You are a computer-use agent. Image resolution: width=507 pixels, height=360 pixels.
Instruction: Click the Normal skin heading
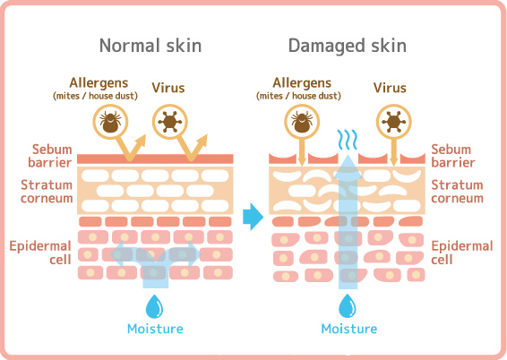pyautogui.click(x=150, y=46)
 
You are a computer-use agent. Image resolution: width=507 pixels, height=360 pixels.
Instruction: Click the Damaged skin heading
pyautogui.click(x=348, y=46)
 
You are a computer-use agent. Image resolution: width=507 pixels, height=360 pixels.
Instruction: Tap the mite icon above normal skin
pyautogui.click(x=110, y=122)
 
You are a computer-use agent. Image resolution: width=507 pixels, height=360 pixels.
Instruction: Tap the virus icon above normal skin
pyautogui.click(x=170, y=122)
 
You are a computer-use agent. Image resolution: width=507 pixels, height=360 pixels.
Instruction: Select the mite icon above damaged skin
pyautogui.click(x=302, y=122)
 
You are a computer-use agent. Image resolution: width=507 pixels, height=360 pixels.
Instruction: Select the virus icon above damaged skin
pyautogui.click(x=393, y=122)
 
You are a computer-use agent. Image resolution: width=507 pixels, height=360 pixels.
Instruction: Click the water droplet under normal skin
pyautogui.click(x=155, y=306)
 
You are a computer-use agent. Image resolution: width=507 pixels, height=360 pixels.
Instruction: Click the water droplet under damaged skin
pyautogui.click(x=348, y=306)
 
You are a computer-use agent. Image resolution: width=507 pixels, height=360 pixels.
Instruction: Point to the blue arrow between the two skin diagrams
pyautogui.click(x=253, y=217)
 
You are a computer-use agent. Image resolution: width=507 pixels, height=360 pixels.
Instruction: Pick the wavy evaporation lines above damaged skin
pyautogui.click(x=348, y=140)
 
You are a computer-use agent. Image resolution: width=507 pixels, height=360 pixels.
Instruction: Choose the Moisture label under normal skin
pyautogui.click(x=155, y=329)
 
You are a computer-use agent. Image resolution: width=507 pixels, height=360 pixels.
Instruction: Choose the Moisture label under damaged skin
pyautogui.click(x=349, y=329)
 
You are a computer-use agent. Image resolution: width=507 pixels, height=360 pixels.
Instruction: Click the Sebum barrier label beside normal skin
pyautogui.click(x=50, y=156)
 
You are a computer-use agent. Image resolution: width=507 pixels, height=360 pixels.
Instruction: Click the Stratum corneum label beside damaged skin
pyautogui.click(x=457, y=192)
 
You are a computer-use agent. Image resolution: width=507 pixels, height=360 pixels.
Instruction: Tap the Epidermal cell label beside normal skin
pyautogui.click(x=40, y=253)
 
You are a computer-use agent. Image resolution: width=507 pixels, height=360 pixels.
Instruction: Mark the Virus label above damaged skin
pyautogui.click(x=390, y=88)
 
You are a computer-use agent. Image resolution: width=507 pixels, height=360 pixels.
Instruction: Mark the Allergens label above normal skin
pyautogui.click(x=99, y=82)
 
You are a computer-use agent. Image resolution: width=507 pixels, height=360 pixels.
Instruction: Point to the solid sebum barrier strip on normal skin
pyautogui.click(x=155, y=159)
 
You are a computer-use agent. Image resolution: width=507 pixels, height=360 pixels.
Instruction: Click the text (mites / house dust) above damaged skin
pyautogui.click(x=299, y=96)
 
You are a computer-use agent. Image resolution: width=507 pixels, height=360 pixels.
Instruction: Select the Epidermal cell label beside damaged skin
pyautogui.click(x=462, y=253)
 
